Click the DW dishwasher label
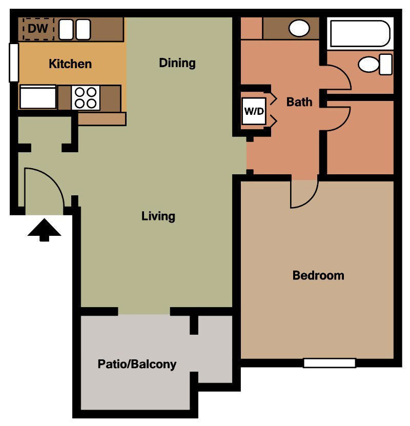tap(37, 29)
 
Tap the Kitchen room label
tap(70, 64)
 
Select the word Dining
tap(177, 63)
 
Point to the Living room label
tap(158, 216)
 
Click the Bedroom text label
tap(318, 275)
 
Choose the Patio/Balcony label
tap(137, 364)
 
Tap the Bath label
tap(299, 102)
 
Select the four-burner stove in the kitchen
tap(86, 97)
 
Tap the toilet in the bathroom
tap(375, 65)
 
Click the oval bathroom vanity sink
tap(299, 28)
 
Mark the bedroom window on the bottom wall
tap(329, 363)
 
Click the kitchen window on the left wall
tap(14, 62)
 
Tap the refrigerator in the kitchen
tap(37, 97)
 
